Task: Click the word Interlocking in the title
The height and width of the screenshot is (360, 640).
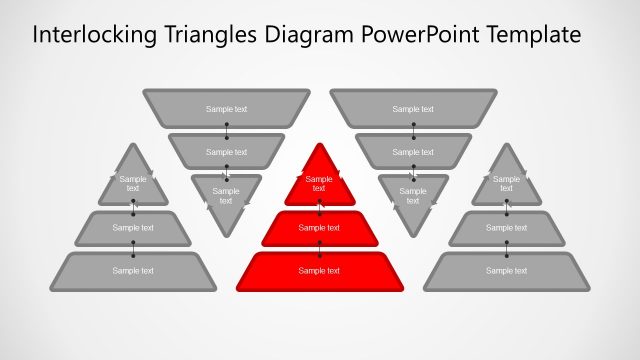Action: [x=87, y=35]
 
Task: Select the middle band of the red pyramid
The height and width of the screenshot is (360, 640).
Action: [x=319, y=229]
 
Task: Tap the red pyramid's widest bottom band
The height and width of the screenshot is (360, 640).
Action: [x=319, y=271]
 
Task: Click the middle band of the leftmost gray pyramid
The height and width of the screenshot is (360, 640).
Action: [x=133, y=228]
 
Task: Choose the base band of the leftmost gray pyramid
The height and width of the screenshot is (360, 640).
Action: [x=133, y=271]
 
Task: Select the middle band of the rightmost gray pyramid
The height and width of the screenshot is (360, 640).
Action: [x=506, y=228]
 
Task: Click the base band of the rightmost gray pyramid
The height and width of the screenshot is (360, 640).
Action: [x=506, y=271]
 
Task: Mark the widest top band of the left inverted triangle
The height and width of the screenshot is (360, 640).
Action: [x=226, y=108]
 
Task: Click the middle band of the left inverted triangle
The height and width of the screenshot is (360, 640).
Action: [x=226, y=151]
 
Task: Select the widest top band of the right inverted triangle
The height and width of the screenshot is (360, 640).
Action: [x=413, y=108]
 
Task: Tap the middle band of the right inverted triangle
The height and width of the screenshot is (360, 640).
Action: [x=413, y=151]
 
